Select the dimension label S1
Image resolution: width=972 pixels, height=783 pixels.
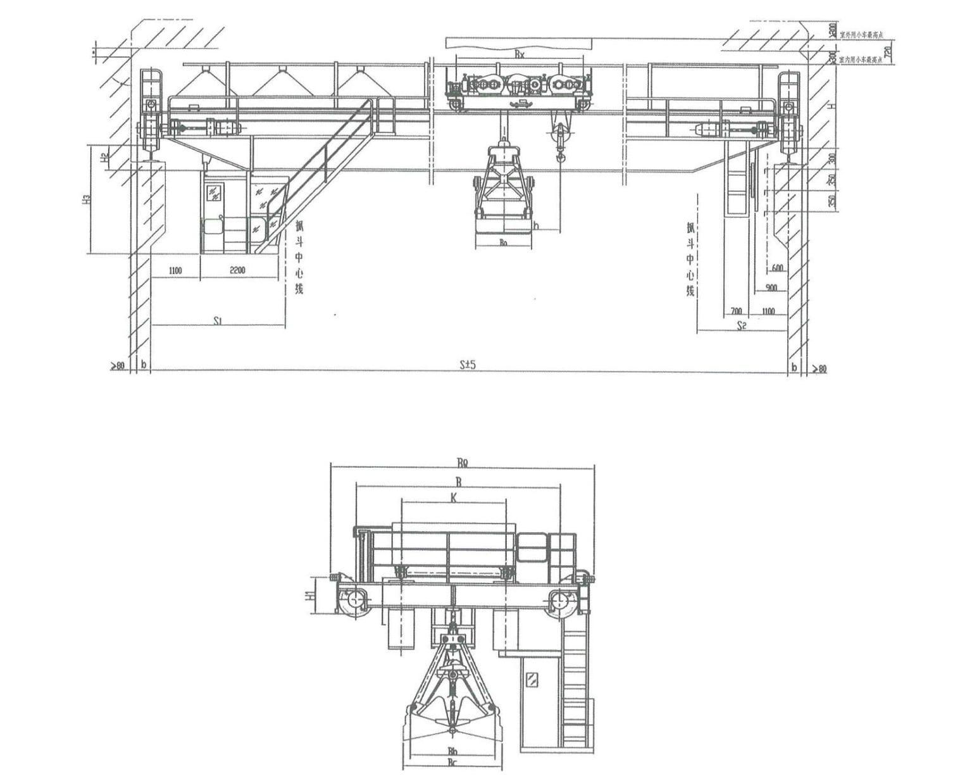tap(216, 321)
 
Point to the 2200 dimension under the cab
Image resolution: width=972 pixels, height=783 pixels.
tap(237, 271)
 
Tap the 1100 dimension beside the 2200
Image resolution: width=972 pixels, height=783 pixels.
tap(175, 271)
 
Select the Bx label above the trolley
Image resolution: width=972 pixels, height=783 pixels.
tap(519, 55)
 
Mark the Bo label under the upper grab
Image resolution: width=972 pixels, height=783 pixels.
tap(503, 242)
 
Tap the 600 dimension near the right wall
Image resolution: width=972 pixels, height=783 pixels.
tap(777, 268)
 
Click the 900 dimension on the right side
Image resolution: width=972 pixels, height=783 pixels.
tap(771, 288)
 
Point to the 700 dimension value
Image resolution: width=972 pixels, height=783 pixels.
tap(736, 311)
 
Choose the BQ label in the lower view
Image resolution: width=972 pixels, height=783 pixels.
tap(462, 462)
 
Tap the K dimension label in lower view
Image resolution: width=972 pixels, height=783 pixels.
tap(453, 498)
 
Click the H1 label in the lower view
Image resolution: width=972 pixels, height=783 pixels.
tap(308, 595)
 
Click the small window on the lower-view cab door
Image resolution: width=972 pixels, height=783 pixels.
tap(532, 680)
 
